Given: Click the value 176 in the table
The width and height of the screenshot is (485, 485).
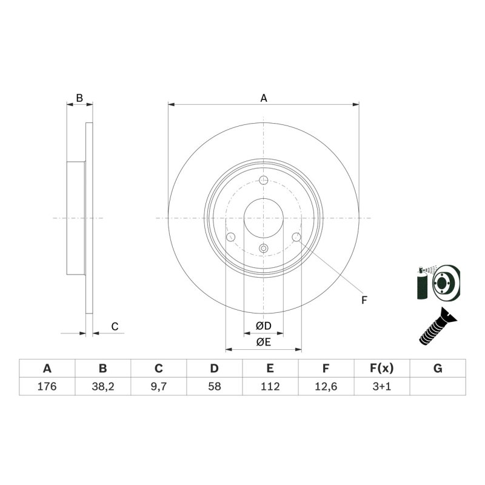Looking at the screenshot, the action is (x=47, y=386).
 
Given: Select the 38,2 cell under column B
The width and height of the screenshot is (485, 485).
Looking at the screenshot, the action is (x=102, y=386).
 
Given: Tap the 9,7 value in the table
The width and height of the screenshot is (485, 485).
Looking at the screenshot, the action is (x=159, y=386).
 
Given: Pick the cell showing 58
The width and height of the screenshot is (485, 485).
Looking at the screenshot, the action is (x=215, y=386).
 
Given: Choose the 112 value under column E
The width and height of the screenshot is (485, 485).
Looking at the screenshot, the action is (x=270, y=386).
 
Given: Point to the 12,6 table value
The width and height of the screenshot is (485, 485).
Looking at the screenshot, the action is (x=326, y=386).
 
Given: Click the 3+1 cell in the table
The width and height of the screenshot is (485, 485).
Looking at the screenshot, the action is (x=382, y=386).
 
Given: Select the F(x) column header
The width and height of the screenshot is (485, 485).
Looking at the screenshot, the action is (x=382, y=369).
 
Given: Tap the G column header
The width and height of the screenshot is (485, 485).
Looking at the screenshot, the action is (x=438, y=369).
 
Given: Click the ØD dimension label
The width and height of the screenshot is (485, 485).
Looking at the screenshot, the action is (x=264, y=326).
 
